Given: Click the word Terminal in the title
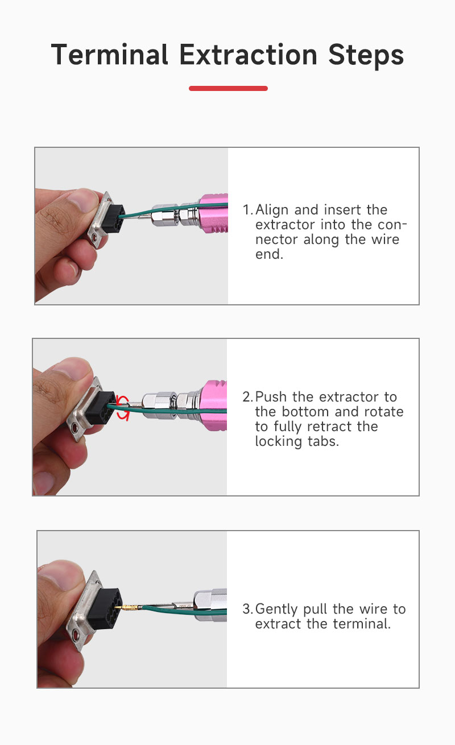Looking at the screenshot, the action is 109,55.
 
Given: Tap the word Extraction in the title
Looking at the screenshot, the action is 249,55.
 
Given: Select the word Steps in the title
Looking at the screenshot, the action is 366,56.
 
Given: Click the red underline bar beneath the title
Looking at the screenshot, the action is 228,88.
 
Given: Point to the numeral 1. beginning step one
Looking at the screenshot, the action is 248,210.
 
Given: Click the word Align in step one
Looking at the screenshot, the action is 272,210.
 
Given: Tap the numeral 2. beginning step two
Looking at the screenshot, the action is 248,397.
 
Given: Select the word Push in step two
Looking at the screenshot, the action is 271,397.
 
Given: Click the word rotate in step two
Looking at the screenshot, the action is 384,412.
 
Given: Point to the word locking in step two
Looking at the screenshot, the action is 279,442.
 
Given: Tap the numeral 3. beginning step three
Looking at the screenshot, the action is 248,609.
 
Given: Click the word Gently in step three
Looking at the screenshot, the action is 276,610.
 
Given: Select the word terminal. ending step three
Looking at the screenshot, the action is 362,624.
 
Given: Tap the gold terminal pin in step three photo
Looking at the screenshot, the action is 128,607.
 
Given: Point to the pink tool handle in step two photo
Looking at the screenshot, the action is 213,405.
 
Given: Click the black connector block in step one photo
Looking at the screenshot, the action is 113,219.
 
